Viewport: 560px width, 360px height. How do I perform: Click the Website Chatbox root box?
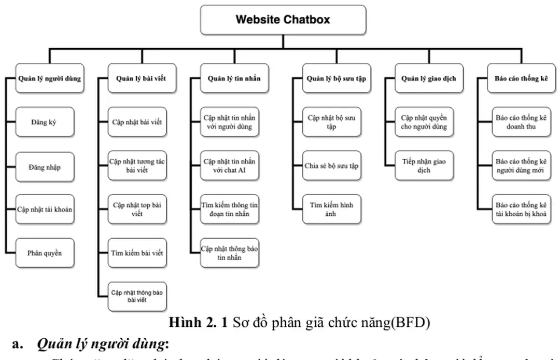tap(283, 20)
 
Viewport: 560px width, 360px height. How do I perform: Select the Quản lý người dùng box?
tap(49, 79)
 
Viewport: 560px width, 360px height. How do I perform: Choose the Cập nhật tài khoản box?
tap(44, 210)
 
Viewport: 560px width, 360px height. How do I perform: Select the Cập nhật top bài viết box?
tap(137, 210)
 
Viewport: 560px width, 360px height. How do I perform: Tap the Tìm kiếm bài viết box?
tap(137, 253)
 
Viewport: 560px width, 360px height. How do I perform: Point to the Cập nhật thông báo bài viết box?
tap(137, 296)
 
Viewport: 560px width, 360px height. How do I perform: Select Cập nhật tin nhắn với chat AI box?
tap(230, 166)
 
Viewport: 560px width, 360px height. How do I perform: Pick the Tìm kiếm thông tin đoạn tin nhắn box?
tap(230, 210)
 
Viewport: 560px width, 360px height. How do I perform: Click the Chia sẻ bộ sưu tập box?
tap(332, 166)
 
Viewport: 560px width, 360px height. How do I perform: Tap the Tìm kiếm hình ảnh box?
tap(332, 210)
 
